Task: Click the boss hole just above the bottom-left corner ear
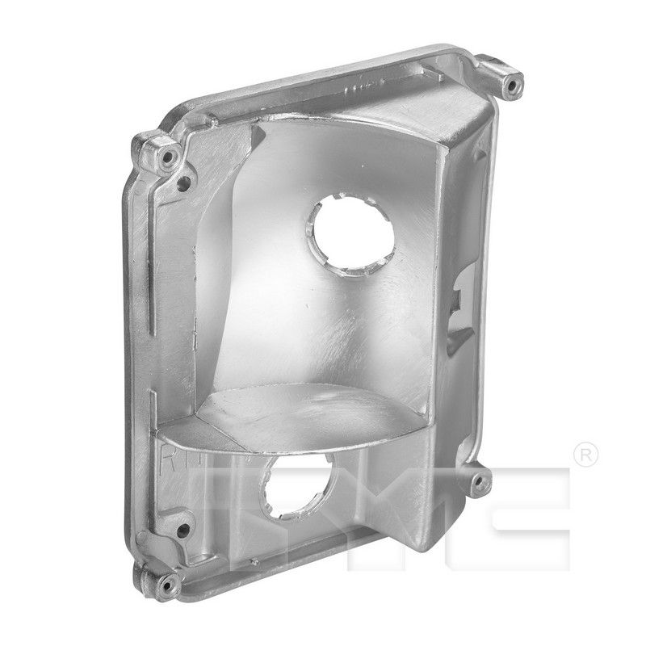click(184, 531)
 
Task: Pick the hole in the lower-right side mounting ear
click(480, 482)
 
